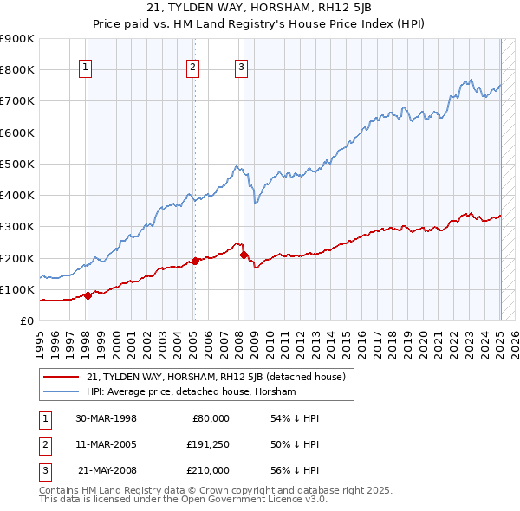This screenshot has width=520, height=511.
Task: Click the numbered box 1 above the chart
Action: [87, 68]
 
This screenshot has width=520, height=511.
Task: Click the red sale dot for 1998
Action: [88, 295]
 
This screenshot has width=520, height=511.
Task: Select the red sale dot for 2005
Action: [195, 260]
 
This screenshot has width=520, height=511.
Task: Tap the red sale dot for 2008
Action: [244, 255]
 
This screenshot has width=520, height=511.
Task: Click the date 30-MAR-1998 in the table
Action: [106, 417]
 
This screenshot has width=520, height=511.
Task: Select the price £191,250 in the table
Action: [208, 444]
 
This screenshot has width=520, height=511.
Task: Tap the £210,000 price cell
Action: [208, 470]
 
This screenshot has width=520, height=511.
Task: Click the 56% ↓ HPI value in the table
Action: [295, 470]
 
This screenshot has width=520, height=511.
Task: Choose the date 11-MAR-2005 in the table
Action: [106, 444]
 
